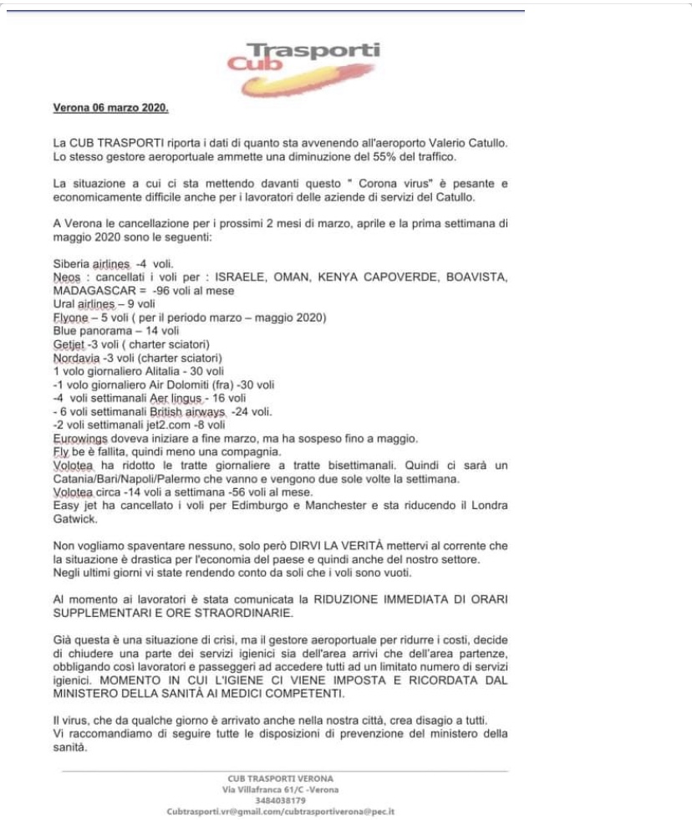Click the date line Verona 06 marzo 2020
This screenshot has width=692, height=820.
[x=110, y=109]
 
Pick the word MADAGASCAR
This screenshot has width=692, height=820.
[x=92, y=290]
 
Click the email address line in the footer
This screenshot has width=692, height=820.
[x=280, y=811]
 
